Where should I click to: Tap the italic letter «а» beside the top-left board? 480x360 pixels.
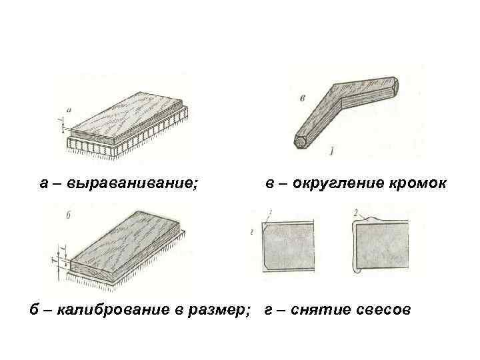pyautogui.click(x=69, y=109)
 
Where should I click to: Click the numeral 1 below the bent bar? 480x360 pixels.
pyautogui.click(x=331, y=153)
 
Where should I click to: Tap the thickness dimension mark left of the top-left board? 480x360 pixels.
pyautogui.click(x=61, y=122)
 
